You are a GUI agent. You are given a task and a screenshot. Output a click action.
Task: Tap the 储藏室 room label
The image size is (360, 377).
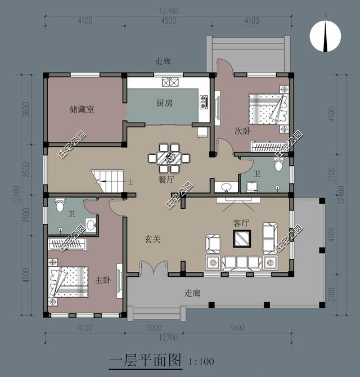82,109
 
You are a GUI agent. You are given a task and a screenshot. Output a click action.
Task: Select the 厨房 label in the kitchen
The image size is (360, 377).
164,103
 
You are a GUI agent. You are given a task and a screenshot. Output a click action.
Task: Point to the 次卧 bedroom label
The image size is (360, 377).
242,131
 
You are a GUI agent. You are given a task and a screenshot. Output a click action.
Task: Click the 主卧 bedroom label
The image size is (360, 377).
102,279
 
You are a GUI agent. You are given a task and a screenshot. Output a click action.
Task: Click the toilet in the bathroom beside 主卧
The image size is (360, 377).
59,204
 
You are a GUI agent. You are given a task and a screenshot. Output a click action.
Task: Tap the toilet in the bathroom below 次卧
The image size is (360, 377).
277,164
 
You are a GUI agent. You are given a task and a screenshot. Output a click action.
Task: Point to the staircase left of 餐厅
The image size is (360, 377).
109,181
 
